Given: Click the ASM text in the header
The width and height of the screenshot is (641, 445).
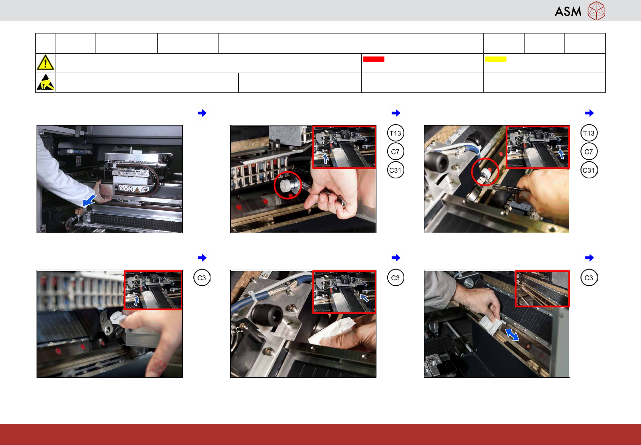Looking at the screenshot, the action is click(568, 12).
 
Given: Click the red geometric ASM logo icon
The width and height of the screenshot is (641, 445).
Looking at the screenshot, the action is click(596, 11).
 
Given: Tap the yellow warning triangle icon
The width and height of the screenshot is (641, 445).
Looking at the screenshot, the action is click(45, 63).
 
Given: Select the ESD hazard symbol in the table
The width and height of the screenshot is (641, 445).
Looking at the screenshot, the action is click(46, 83).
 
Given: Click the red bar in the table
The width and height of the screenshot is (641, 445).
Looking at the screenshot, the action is click(373, 59).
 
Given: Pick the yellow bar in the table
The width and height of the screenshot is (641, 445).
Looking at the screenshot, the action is click(496, 59).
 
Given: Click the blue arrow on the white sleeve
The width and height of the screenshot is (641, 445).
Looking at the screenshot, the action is click(89, 200).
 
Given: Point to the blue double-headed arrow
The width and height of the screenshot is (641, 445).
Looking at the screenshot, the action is click(512, 334).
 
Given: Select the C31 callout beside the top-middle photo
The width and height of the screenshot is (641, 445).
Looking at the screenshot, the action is click(395, 170).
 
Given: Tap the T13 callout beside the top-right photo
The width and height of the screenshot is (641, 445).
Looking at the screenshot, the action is click(589, 133).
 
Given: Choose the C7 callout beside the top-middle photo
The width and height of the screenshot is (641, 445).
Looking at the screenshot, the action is click(395, 152).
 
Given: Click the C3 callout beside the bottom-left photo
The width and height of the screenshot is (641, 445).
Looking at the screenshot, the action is click(202, 278).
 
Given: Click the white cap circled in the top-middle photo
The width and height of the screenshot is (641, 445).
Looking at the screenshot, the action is click(284, 186).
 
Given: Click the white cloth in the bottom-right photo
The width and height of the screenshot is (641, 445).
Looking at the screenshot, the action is click(491, 325).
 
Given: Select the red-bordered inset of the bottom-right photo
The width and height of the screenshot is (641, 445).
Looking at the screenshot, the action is click(542, 289).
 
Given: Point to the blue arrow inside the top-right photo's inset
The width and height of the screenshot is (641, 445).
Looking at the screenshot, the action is click(561, 154).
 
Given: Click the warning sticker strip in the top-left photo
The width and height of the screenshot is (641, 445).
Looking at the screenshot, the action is click(133, 189).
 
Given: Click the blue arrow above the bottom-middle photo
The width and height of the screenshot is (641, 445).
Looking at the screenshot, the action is click(395, 257).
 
